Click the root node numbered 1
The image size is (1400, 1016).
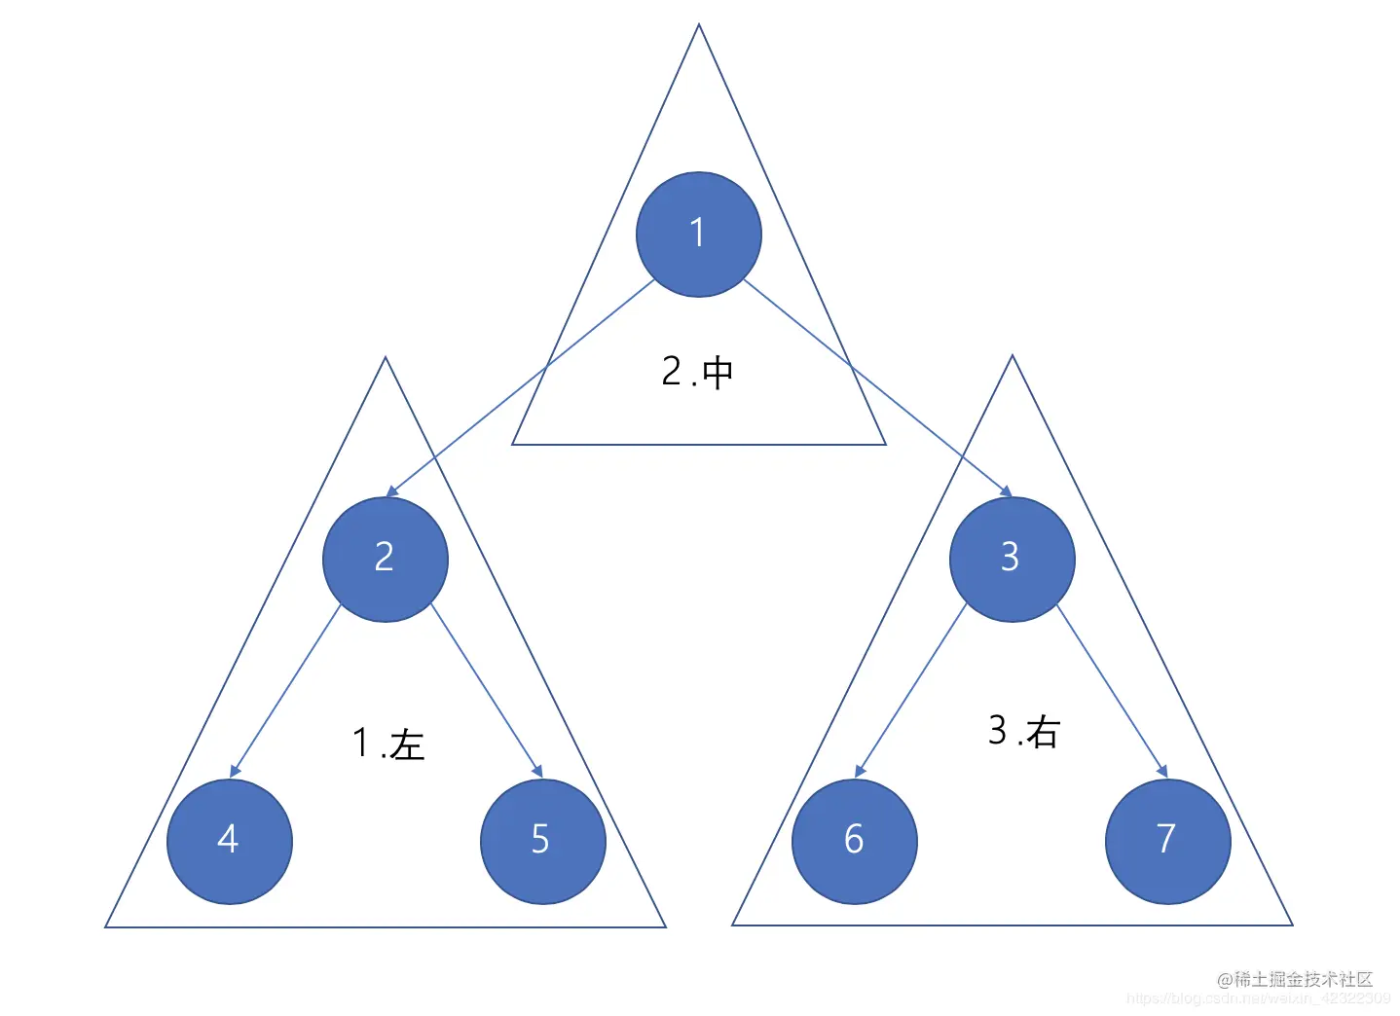pyautogui.click(x=698, y=235)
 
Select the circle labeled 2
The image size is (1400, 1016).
pyautogui.click(x=385, y=559)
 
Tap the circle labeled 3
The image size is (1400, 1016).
pyautogui.click(x=1012, y=559)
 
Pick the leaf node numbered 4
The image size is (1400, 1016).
pyautogui.click(x=229, y=841)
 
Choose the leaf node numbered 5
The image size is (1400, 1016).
pyautogui.click(x=542, y=841)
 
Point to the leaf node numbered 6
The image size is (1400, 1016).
pyautogui.click(x=854, y=841)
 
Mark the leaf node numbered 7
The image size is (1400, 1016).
pyautogui.click(x=1167, y=841)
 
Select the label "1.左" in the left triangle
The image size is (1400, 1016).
pyautogui.click(x=388, y=744)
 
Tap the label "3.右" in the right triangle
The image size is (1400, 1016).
pyautogui.click(x=1023, y=731)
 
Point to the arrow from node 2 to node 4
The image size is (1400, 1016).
pyautogui.click(x=286, y=690)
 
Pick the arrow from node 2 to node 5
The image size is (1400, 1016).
pyautogui.click(x=487, y=690)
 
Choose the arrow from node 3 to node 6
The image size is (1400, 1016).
pyautogui.click(x=911, y=690)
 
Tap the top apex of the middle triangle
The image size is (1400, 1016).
pyautogui.click(x=698, y=26)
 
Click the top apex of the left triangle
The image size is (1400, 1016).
pyautogui.click(x=386, y=359)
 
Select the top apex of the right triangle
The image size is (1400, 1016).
pyautogui.click(x=1013, y=357)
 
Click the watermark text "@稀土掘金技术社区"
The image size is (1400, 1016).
pyautogui.click(x=1295, y=979)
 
